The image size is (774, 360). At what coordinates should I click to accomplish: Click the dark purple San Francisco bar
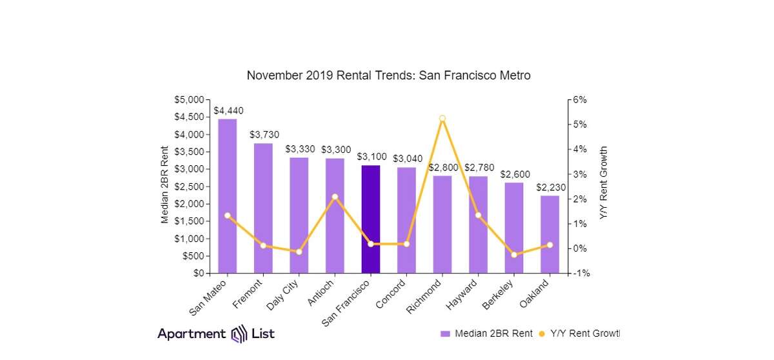tap(370, 219)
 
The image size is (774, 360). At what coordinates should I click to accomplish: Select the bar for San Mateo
tap(227, 196)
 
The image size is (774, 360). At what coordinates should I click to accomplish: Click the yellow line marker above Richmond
tap(442, 119)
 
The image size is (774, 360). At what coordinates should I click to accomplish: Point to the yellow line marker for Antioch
tap(335, 197)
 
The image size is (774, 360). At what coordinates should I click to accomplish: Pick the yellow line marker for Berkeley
tap(514, 255)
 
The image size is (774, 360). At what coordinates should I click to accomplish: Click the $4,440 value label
tap(228, 111)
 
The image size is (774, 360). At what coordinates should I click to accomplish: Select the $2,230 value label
tap(551, 187)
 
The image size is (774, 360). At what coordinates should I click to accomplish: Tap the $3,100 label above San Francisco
tap(372, 157)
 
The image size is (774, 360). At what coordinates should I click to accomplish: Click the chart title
tap(388, 75)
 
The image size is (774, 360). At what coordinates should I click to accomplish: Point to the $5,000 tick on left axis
tap(189, 100)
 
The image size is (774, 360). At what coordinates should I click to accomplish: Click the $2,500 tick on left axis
tap(189, 186)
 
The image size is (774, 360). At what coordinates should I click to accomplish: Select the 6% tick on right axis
tap(580, 100)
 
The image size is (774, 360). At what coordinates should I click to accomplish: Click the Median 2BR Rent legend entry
tap(487, 334)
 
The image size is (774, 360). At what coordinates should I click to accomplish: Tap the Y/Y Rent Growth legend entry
tap(579, 334)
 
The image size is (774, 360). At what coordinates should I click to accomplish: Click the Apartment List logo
tap(216, 334)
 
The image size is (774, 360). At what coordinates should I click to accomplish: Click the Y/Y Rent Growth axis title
tap(604, 183)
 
